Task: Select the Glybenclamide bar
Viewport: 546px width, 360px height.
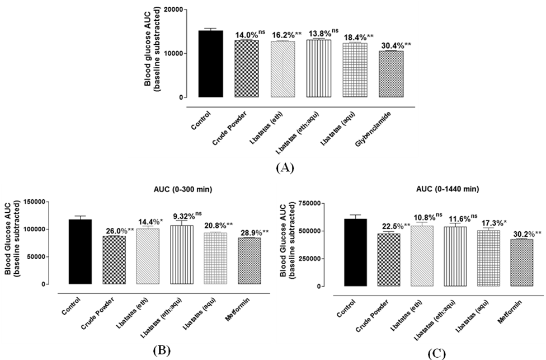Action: click(x=390, y=74)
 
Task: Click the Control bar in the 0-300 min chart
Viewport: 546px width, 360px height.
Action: click(x=80, y=251)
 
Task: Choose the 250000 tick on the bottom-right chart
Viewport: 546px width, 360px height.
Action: click(x=307, y=259)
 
